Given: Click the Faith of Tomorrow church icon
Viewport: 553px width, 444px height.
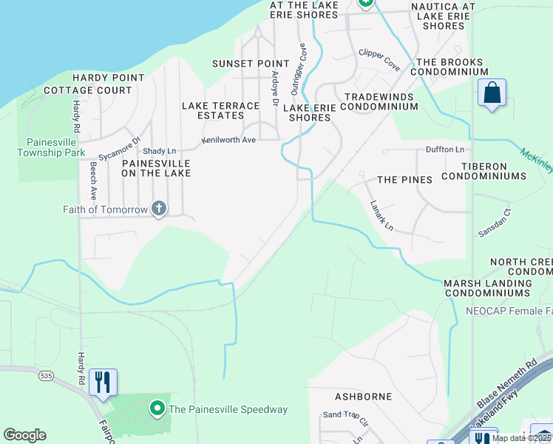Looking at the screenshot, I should click(158, 209).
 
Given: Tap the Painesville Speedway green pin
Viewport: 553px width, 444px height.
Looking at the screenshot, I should click(157, 408).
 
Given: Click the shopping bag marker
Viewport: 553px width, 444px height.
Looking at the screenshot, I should click(492, 93).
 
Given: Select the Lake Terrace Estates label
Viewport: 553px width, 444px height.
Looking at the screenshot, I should click(221, 110).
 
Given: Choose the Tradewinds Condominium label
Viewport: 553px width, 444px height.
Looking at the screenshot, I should click(381, 101).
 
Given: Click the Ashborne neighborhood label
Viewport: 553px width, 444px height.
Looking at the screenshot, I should click(363, 397).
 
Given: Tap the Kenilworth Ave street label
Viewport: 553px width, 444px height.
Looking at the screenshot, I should click(229, 140).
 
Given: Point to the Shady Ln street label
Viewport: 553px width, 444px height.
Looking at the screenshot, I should click(160, 150).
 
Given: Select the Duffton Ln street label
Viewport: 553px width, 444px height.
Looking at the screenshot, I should click(444, 149).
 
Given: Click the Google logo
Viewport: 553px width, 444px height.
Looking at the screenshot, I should click(24, 435).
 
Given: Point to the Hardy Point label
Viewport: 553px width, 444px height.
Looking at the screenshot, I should click(108, 78).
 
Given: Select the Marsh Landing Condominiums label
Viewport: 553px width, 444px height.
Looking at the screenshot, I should click(488, 288).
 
